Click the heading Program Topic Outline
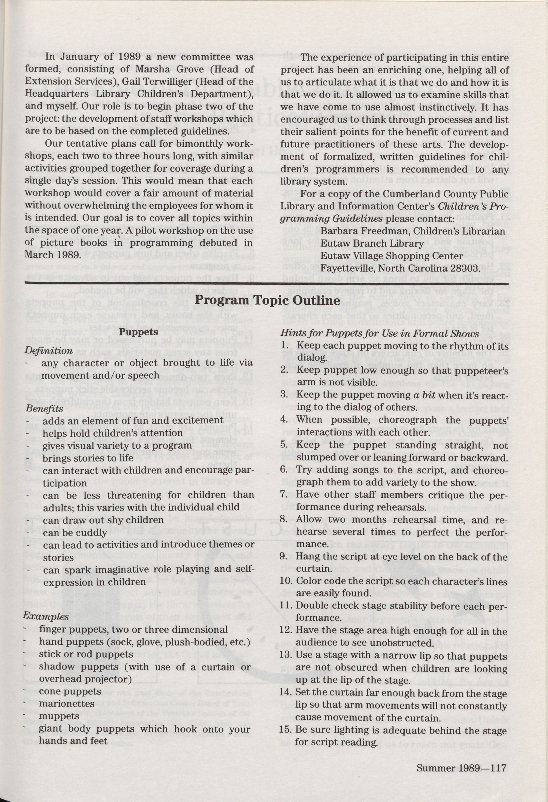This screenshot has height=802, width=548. coord(267,300)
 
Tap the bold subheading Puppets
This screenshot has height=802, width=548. coord(139,332)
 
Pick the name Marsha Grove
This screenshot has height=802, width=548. coord(162,69)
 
